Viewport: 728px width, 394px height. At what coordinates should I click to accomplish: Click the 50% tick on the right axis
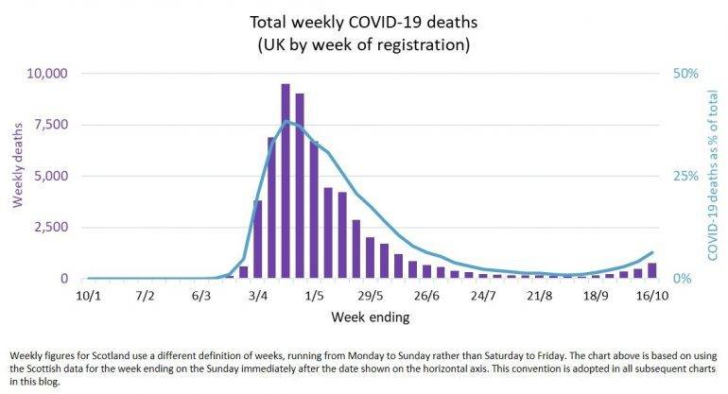684,74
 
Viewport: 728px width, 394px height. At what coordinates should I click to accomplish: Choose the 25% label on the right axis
684,176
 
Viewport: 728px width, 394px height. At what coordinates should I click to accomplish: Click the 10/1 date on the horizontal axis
87,297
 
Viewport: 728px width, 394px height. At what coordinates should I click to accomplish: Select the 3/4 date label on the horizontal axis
257,297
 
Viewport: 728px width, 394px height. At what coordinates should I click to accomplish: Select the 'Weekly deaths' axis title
17,176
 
